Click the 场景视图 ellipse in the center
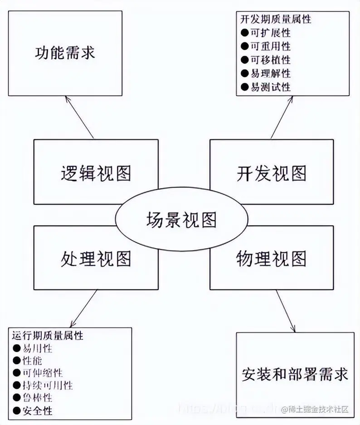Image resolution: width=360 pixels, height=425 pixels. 181,220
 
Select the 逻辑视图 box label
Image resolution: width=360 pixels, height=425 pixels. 96,173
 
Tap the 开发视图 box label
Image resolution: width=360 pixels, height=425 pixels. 271,173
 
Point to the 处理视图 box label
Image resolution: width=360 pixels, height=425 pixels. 96,259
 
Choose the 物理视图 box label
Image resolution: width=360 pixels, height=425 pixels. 271,259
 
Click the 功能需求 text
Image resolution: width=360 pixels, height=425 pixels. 65,53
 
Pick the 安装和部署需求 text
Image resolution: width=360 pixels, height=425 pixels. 295,374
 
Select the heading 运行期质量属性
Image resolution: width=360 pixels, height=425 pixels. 48,336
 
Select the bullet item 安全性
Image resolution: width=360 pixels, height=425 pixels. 38,411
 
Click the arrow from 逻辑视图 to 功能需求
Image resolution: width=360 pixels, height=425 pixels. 80,117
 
